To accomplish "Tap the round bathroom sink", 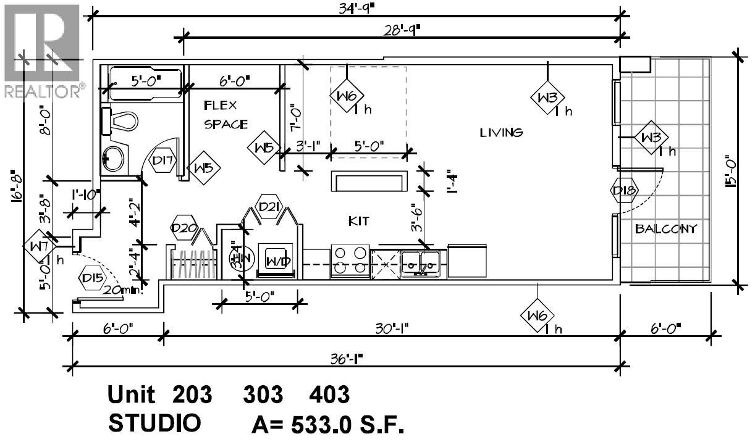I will [x=114, y=158].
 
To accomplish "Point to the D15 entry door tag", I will [x=92, y=278].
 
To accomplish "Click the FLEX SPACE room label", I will [x=226, y=115].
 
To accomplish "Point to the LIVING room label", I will [x=502, y=132].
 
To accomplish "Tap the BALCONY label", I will [x=666, y=229].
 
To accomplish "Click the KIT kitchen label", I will [x=359, y=221].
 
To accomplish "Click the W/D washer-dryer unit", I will [x=277, y=260].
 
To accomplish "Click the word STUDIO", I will [x=154, y=423].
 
